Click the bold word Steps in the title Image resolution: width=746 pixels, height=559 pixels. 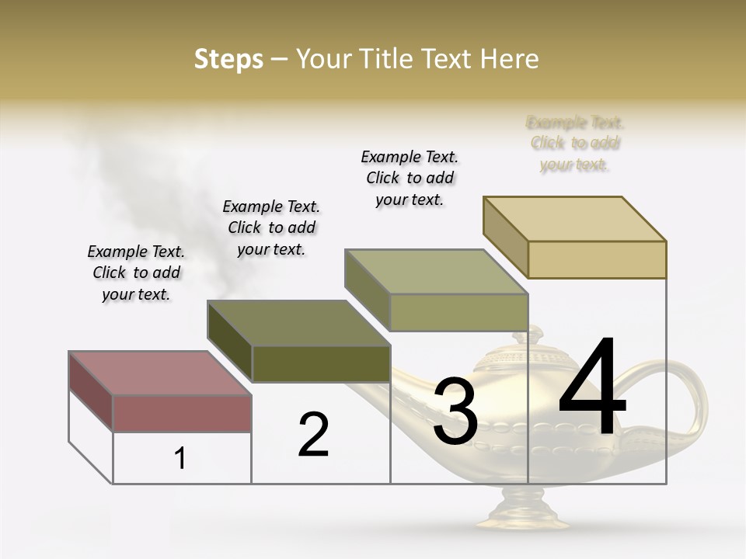[x=228, y=59]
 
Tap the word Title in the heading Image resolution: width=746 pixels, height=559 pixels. [x=385, y=59]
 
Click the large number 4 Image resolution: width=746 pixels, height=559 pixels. [x=592, y=388]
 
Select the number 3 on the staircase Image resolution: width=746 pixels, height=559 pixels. [x=455, y=411]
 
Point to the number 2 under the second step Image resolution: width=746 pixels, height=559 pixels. [x=313, y=435]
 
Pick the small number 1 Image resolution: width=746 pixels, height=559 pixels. [x=180, y=459]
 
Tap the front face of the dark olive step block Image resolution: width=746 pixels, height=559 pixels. [x=321, y=363]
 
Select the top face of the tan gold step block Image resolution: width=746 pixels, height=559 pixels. [x=575, y=218]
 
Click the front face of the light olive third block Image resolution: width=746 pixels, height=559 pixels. [x=458, y=312]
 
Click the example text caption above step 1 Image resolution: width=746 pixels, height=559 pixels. [x=136, y=273]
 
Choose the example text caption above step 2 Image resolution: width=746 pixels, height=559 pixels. [x=271, y=227]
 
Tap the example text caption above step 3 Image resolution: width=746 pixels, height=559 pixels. [x=410, y=178]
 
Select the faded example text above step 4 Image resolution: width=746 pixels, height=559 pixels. [x=575, y=143]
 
